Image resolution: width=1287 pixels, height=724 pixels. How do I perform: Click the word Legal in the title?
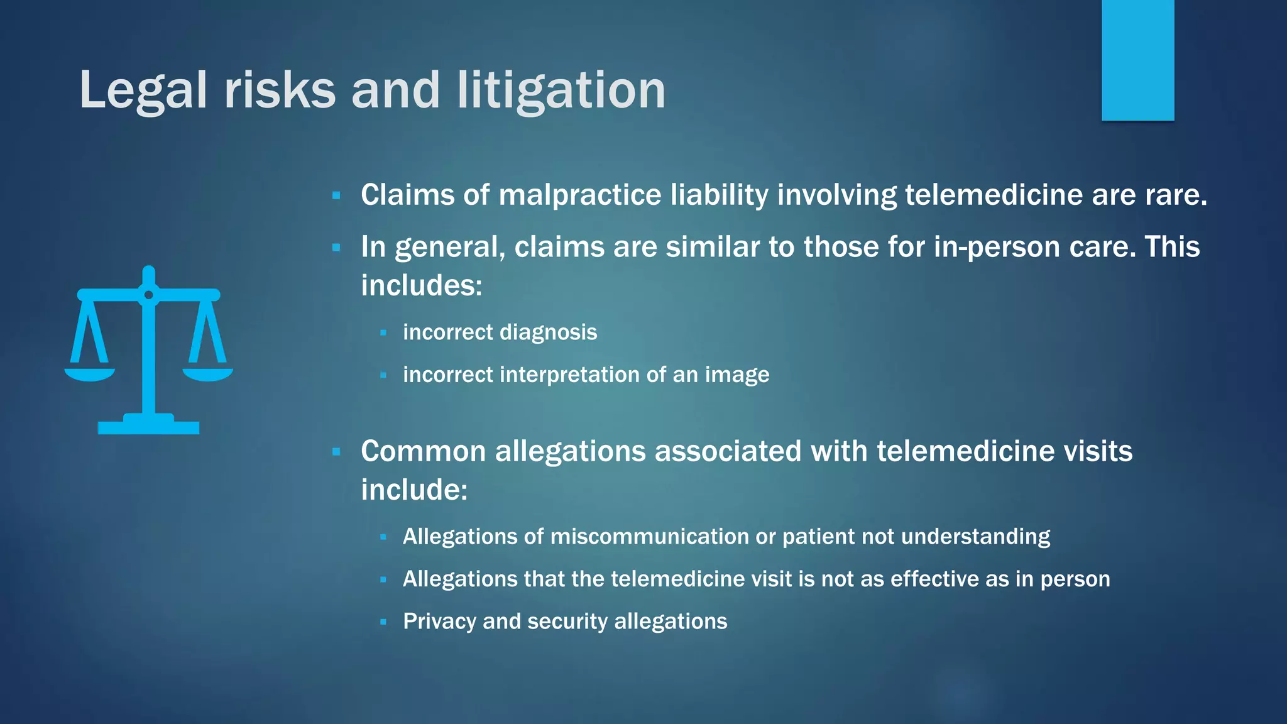pyautogui.click(x=143, y=91)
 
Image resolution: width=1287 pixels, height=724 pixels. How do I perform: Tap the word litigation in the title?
pyautogui.click(x=561, y=91)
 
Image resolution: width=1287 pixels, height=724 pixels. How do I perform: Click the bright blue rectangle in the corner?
pyautogui.click(x=1137, y=60)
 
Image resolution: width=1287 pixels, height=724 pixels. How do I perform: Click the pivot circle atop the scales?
pyautogui.click(x=149, y=295)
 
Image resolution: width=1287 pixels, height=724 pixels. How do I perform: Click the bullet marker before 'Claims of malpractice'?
pyautogui.click(x=336, y=196)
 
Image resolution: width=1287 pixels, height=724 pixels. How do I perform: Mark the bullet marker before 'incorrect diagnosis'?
pyautogui.click(x=383, y=333)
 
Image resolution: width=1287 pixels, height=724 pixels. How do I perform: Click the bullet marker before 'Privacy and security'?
pyautogui.click(x=383, y=622)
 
